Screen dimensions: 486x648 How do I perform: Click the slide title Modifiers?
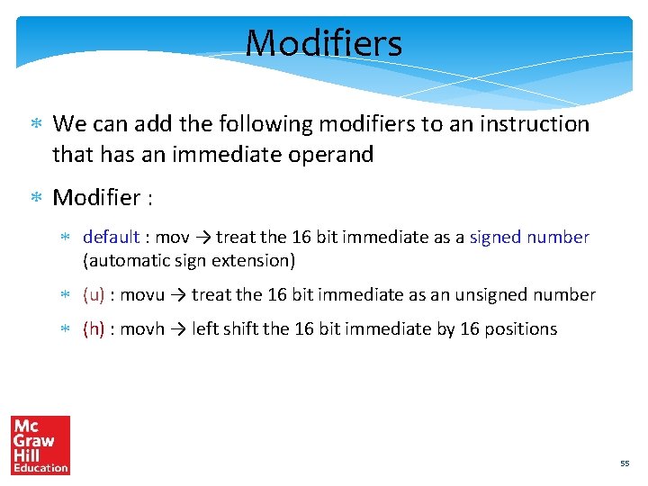(323, 42)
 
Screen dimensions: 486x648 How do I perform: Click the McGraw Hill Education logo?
(40, 445)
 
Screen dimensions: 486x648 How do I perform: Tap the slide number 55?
(625, 463)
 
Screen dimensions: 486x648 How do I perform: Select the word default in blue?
(111, 238)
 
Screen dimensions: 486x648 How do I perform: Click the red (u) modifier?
(94, 294)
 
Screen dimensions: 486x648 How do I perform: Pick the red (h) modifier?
(94, 328)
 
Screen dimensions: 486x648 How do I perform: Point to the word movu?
(142, 294)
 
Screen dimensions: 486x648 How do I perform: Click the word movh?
(142, 328)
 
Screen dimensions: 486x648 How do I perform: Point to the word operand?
(330, 155)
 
